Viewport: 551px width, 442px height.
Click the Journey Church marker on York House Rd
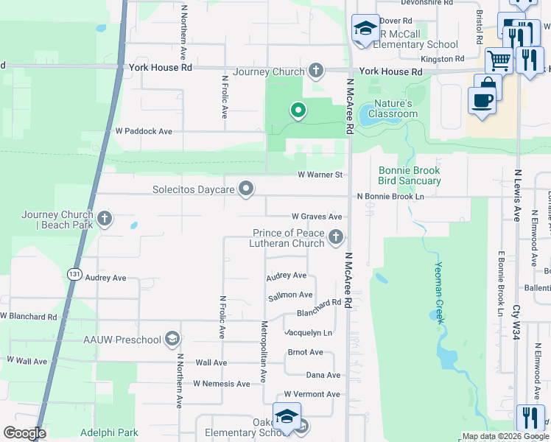(x=316, y=71)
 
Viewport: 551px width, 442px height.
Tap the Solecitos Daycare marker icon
(x=247, y=190)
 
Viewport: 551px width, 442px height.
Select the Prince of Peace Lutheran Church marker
(x=336, y=237)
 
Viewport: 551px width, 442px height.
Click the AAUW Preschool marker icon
(x=172, y=339)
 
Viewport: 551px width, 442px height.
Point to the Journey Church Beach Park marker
(x=105, y=218)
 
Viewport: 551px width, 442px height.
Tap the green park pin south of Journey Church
(x=298, y=110)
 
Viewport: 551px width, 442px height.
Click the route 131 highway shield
(x=74, y=273)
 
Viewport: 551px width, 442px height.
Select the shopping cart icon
(x=499, y=60)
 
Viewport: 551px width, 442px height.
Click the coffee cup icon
(x=482, y=100)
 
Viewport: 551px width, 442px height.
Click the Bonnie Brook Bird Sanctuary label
(x=410, y=175)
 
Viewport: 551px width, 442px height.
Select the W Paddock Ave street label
(x=144, y=131)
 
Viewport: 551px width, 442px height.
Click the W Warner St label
(x=320, y=175)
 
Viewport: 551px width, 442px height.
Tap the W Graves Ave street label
(x=317, y=217)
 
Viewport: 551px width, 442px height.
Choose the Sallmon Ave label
(x=290, y=295)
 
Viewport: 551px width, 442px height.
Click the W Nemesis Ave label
(x=222, y=384)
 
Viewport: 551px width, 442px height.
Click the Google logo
(x=25, y=433)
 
